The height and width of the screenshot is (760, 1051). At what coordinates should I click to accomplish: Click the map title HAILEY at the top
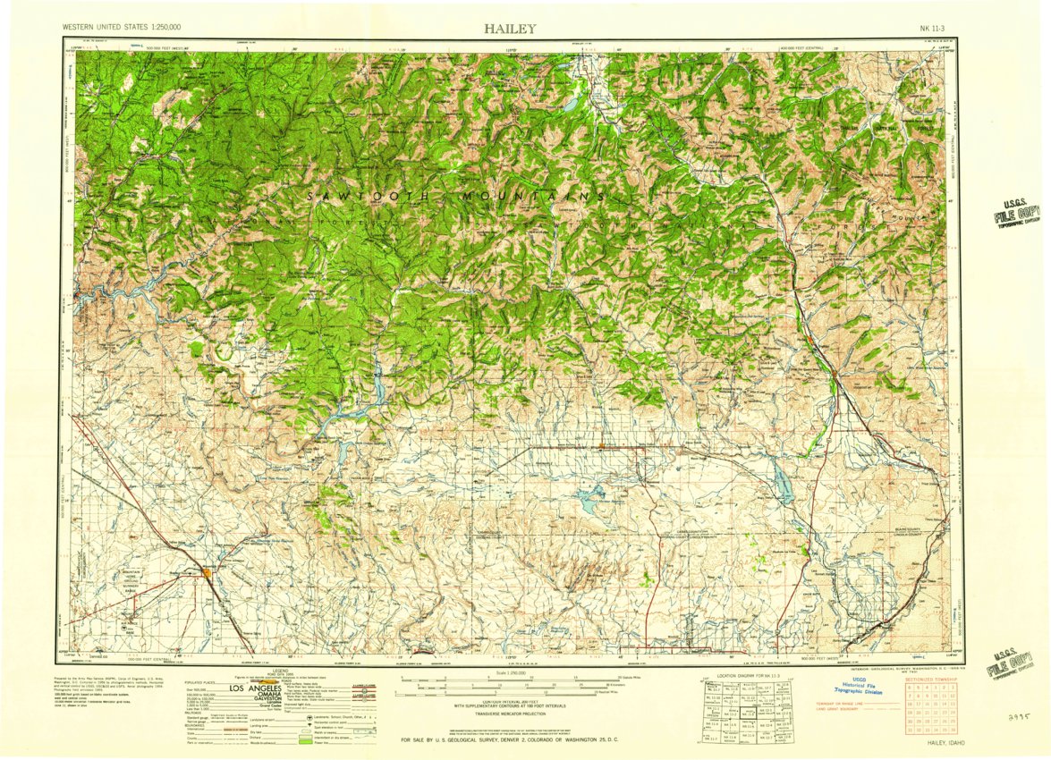click(x=510, y=28)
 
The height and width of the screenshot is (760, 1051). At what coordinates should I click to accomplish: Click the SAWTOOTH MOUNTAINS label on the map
click(x=456, y=195)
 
